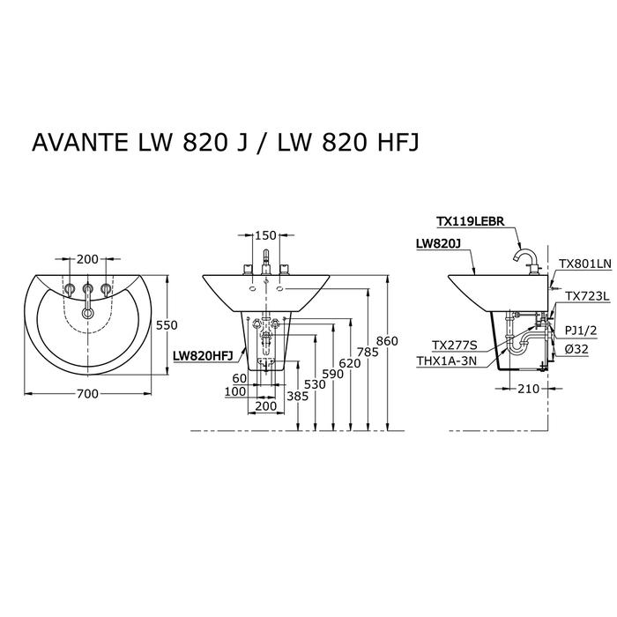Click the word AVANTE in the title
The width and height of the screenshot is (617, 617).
[x=80, y=142]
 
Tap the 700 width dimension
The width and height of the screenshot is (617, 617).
[x=87, y=393]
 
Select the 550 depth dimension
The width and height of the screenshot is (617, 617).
[x=167, y=325]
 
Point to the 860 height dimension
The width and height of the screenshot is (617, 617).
[x=387, y=341]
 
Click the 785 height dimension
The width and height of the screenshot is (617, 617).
[x=368, y=352]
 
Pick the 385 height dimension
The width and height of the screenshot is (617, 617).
[x=298, y=396]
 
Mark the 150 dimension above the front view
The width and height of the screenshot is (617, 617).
[x=265, y=235]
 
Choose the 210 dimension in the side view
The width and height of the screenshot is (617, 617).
[x=528, y=389]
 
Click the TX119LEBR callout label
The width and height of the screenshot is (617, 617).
[x=471, y=221]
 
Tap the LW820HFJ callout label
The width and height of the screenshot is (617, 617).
[x=203, y=356]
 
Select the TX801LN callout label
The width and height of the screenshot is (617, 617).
[x=585, y=264]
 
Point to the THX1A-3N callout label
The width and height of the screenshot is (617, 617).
[x=447, y=361]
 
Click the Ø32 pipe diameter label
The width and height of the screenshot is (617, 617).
[x=576, y=349]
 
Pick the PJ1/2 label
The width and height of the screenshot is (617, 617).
[x=581, y=331]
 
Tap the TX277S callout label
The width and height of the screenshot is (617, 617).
[x=455, y=346]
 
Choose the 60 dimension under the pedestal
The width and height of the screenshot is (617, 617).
[x=239, y=378]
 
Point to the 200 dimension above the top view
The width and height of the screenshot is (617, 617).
[x=87, y=259]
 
